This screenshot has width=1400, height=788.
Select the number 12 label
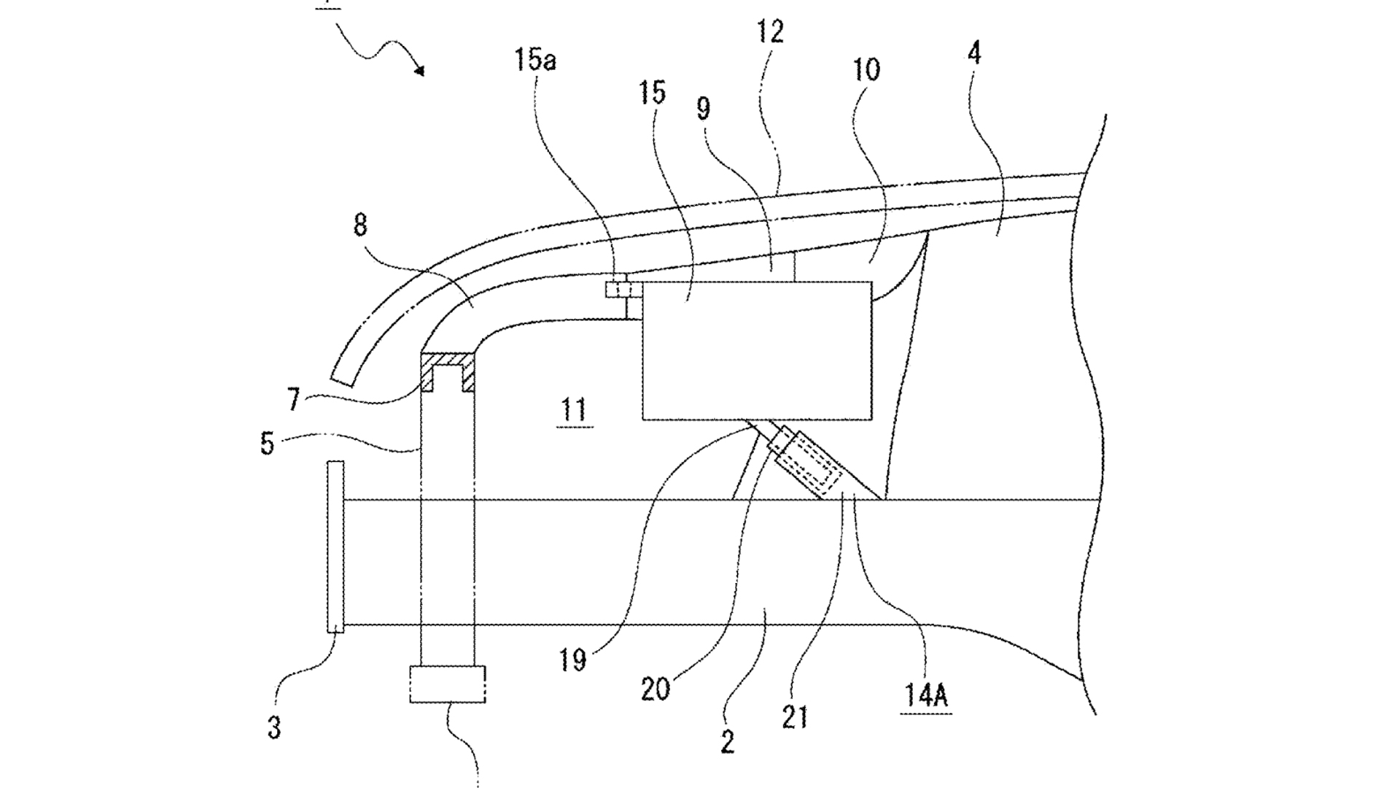click(770, 32)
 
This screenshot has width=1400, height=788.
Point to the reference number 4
click(974, 53)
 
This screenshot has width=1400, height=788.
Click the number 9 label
click(703, 108)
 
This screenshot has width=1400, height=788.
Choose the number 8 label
click(360, 225)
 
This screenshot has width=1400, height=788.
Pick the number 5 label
click(268, 443)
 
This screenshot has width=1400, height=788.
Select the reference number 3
click(273, 727)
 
